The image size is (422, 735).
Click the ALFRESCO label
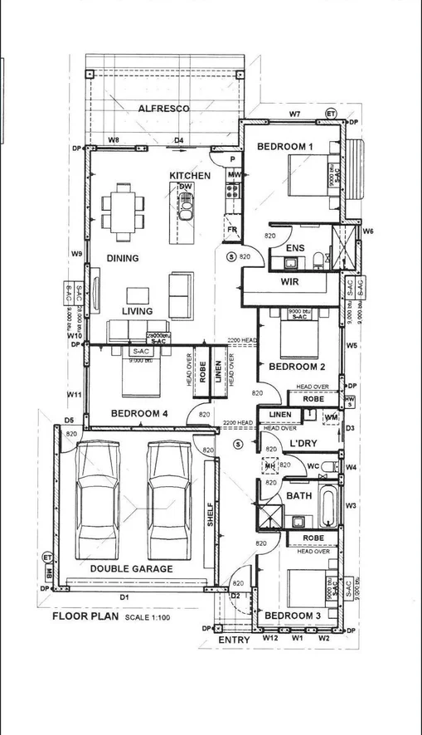click(163, 109)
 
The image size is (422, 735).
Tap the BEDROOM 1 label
click(284, 147)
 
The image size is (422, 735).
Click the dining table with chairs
click(124, 207)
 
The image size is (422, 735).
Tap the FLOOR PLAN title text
click(85, 616)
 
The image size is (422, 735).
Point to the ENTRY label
click(234, 640)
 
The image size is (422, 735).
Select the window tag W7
click(294, 112)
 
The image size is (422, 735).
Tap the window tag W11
click(73, 395)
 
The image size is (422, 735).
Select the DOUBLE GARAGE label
click(131, 568)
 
